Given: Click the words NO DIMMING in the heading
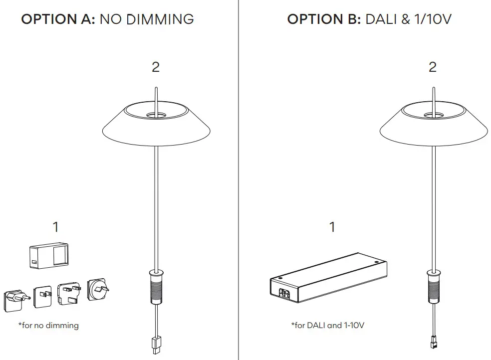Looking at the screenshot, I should point(147,19).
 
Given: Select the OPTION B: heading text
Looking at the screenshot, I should point(324,19).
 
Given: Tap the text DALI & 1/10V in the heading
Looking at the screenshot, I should point(409,19).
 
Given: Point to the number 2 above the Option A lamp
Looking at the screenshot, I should point(156,67).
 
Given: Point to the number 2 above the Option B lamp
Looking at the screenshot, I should point(433,67).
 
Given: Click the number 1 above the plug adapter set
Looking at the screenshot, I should point(56,227).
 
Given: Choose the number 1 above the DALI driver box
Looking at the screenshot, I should point(332,227).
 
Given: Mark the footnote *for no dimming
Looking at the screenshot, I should point(48,326).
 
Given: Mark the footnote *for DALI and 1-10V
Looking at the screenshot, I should point(328,326).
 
